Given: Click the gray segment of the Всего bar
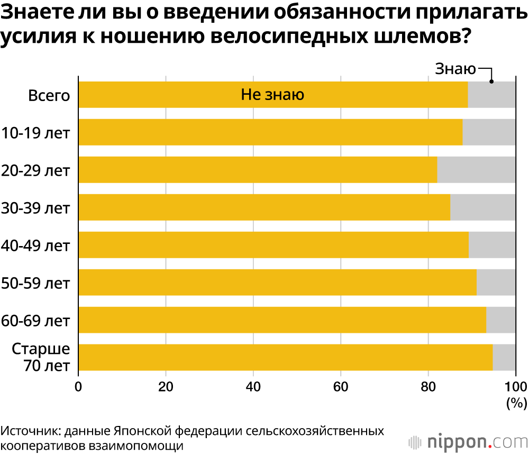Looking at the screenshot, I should (x=491, y=95).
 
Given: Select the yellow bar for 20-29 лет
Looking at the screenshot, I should (x=258, y=170).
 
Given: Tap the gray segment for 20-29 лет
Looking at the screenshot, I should (x=476, y=170).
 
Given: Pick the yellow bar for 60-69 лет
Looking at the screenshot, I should (x=282, y=320).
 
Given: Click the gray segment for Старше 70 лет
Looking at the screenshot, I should (x=504, y=358).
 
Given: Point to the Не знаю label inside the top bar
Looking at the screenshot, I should (x=272, y=95).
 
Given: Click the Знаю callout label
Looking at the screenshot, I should (x=455, y=69).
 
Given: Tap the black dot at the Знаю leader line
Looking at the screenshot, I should (x=491, y=81).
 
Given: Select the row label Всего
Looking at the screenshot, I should (x=49, y=96).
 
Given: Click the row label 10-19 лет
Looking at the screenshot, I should (x=36, y=133).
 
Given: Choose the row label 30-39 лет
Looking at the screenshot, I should (x=36, y=208).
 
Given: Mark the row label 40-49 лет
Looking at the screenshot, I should (x=36, y=246).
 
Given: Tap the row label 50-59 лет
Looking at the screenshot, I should (x=36, y=283).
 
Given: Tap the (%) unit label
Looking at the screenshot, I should (x=515, y=403).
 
